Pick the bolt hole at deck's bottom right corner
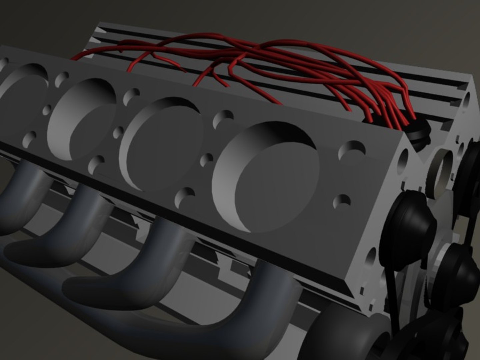342,201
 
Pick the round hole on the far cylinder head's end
467,97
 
